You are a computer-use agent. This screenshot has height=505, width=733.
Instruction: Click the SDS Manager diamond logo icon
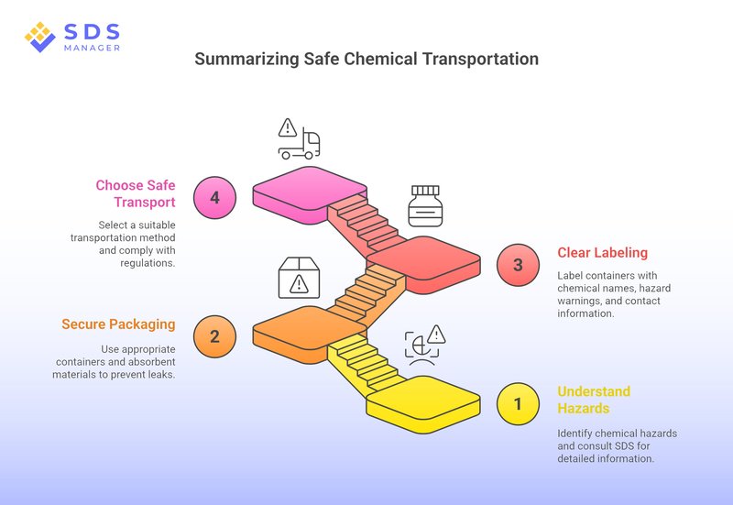click(40, 37)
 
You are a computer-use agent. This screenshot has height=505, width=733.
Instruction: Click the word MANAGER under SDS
click(91, 46)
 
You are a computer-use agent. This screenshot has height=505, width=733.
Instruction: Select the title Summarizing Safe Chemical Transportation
click(366, 60)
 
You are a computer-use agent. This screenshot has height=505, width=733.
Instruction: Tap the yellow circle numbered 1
click(517, 403)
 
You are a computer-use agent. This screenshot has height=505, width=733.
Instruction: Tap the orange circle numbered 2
click(214, 335)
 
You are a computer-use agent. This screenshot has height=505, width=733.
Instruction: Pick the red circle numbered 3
click(517, 266)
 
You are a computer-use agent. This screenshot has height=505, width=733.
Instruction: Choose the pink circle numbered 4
click(214, 197)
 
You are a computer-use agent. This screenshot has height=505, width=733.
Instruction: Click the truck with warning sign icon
click(299, 139)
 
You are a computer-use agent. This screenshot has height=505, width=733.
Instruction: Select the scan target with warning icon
click(423, 343)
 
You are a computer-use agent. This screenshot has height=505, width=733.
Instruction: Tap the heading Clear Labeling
click(602, 252)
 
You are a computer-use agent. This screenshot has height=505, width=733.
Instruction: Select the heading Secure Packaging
click(118, 324)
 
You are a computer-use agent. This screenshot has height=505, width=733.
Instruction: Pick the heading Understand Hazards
click(594, 400)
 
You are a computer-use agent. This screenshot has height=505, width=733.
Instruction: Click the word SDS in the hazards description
click(636, 445)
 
